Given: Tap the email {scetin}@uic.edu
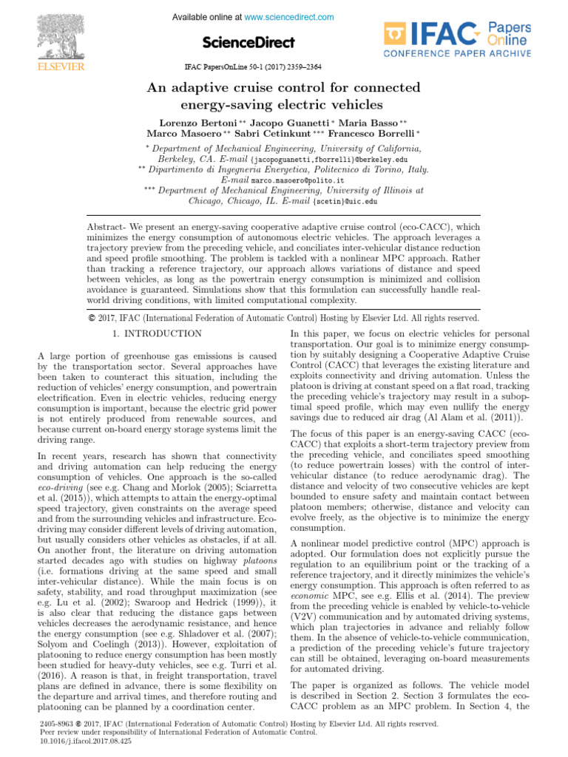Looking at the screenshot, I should pyautogui.click(x=345, y=200).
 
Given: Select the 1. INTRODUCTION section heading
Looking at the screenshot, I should pyautogui.click(x=156, y=334).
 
